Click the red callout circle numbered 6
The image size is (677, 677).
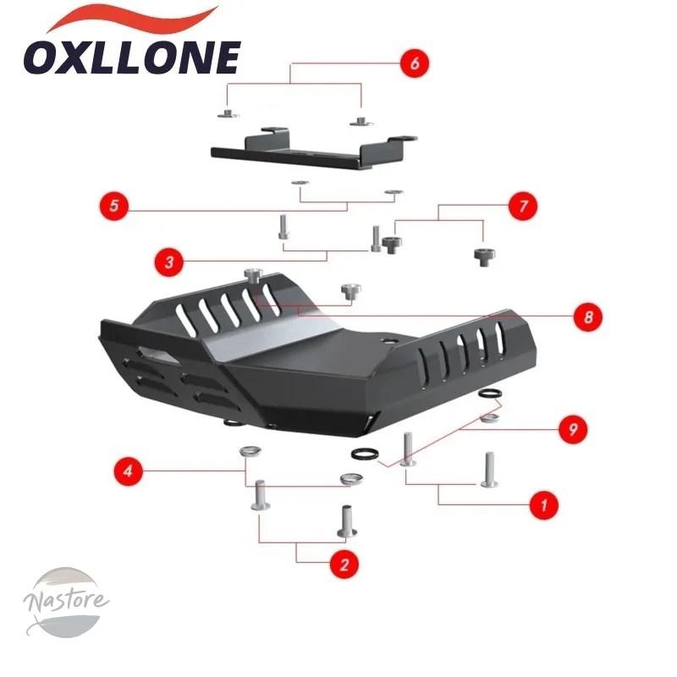click(x=415, y=63)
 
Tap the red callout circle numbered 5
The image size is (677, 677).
click(x=114, y=205)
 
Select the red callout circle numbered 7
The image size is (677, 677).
click(x=523, y=206)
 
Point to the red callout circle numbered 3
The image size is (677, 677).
click(x=169, y=262)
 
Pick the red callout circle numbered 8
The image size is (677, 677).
click(x=588, y=317)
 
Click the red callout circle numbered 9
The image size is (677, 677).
click(x=573, y=429)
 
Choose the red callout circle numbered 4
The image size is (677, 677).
click(x=129, y=471)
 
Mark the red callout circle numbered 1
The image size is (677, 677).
click(x=544, y=504)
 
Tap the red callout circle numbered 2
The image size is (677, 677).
click(x=344, y=564)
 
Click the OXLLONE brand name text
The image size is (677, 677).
click(x=132, y=58)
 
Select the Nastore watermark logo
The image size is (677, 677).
click(x=66, y=603)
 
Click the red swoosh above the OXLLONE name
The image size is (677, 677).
click(x=132, y=19)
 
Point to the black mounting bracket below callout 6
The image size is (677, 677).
click(x=314, y=149)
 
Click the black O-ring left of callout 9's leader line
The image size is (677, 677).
click(x=365, y=454)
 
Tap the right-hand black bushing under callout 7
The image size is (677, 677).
click(x=484, y=257)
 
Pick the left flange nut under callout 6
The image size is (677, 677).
click(x=228, y=114)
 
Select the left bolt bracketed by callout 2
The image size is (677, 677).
click(x=261, y=495)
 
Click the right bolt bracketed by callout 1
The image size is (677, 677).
click(x=490, y=470)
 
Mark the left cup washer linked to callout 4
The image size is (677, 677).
click(x=250, y=452)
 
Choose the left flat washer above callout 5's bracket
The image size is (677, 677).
click(x=300, y=182)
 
